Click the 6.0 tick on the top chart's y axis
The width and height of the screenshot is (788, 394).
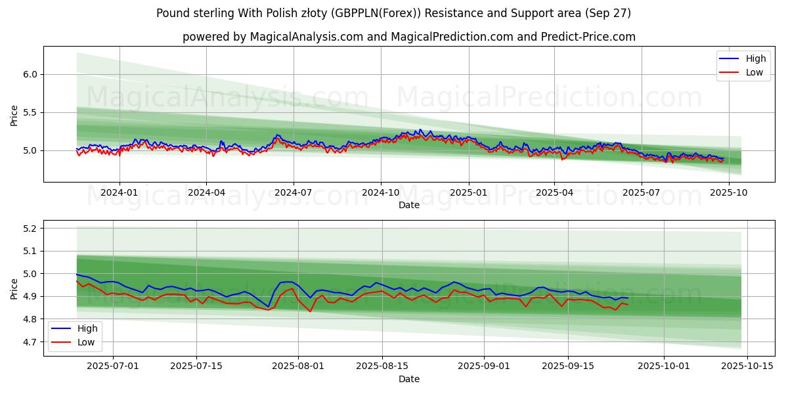pyautogui.click(x=30, y=74)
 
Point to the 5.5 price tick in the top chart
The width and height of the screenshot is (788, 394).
pyautogui.click(x=30, y=112)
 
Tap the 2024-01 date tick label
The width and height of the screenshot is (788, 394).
pyautogui.click(x=119, y=192)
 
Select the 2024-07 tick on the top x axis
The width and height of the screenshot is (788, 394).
pyautogui.click(x=293, y=192)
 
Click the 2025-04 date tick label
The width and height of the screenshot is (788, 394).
pyautogui.click(x=554, y=192)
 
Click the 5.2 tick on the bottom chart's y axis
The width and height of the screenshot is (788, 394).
pyautogui.click(x=30, y=229)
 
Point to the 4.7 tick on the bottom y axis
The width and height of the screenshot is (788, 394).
pyautogui.click(x=30, y=342)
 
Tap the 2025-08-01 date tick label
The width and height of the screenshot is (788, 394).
pyautogui.click(x=298, y=366)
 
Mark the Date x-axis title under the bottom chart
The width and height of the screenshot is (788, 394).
pyautogui.click(x=409, y=379)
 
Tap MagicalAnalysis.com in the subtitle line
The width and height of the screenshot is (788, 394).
pyautogui.click(x=306, y=37)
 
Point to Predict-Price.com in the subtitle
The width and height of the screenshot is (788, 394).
pyautogui.click(x=590, y=37)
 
